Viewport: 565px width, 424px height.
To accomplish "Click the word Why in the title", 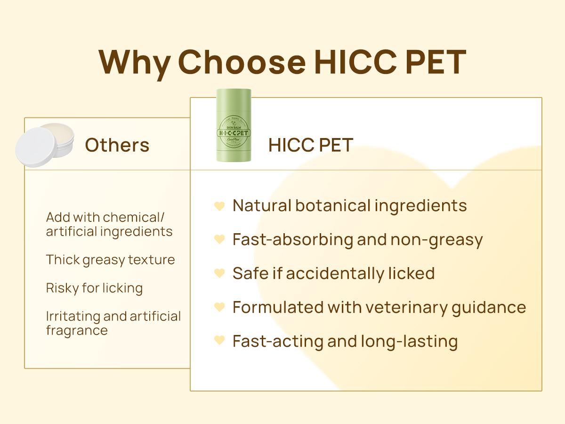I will (134, 62).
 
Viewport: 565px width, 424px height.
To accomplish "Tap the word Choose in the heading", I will (241, 62).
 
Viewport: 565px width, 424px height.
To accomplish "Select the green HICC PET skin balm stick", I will (234, 125).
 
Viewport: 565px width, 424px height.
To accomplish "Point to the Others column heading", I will (117, 145).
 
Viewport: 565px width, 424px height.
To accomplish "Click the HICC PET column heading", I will (310, 145).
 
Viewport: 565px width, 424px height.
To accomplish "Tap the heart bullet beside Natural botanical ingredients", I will (219, 206).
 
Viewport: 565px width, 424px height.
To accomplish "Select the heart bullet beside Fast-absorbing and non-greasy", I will (219, 240).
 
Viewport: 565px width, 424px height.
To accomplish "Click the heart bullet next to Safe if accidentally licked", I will (219, 273).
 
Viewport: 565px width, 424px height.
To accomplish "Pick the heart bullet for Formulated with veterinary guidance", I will (219, 307).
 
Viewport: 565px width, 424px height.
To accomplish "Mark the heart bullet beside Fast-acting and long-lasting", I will (219, 341).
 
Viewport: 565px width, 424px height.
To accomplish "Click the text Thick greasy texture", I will (110, 260).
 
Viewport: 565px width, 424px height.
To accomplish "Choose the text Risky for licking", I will (94, 288).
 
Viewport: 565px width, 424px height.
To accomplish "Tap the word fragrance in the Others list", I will (77, 330).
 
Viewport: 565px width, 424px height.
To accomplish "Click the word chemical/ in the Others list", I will (134, 218).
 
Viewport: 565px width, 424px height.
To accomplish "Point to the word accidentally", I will (334, 274).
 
